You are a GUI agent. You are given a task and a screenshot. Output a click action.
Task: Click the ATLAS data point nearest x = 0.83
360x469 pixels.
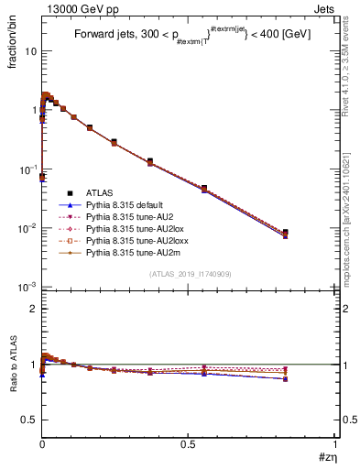286,233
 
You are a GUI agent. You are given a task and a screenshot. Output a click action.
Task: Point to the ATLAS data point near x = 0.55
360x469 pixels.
204,188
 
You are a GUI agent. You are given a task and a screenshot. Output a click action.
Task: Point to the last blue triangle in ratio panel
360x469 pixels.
286,378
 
